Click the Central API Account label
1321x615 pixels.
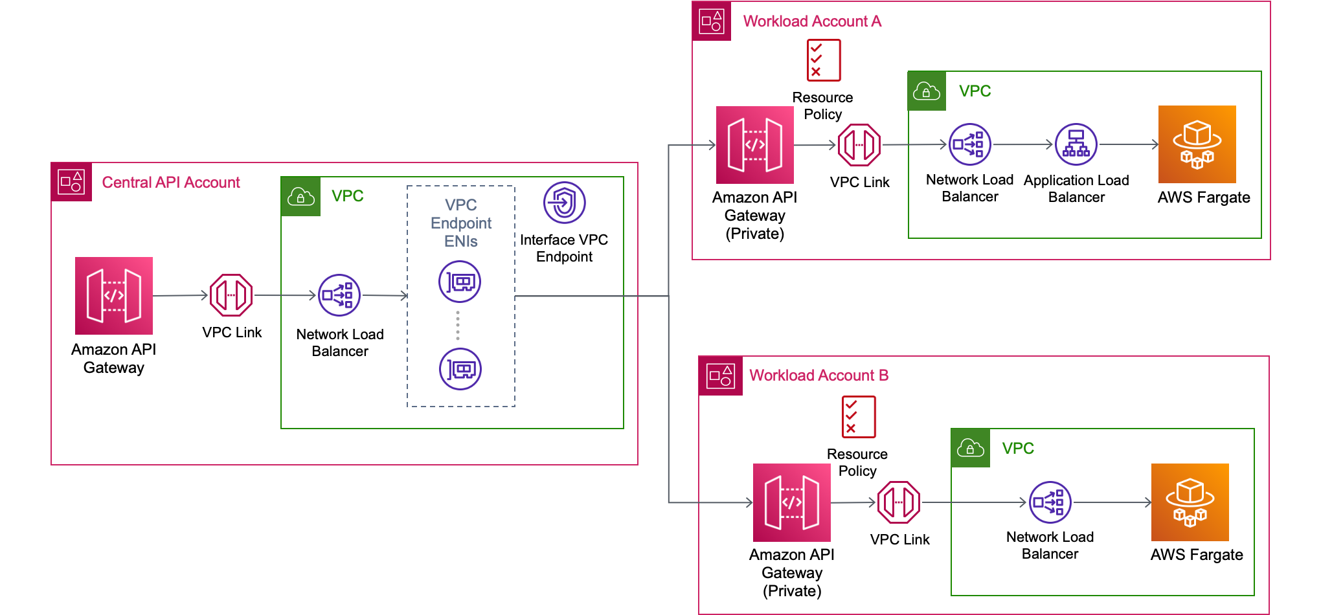tap(170, 183)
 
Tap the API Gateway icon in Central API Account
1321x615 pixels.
tap(114, 296)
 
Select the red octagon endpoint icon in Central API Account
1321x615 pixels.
tap(231, 296)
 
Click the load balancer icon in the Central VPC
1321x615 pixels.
tap(339, 296)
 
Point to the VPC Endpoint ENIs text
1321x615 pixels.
tap(460, 223)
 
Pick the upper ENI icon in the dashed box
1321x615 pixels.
tap(460, 282)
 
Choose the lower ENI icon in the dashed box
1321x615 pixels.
tap(460, 370)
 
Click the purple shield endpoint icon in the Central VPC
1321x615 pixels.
tap(564, 203)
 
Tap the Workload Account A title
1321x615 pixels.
tap(811, 21)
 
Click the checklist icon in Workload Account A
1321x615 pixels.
tap(824, 60)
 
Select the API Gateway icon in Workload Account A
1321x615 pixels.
tap(755, 145)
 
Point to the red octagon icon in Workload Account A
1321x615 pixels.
tap(859, 145)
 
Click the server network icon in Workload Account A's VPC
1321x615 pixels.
tap(1076, 145)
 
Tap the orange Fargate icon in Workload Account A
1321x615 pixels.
tap(1197, 144)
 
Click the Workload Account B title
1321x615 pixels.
tap(818, 375)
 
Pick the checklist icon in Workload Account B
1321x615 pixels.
tap(859, 418)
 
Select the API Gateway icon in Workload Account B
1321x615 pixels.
tap(791, 502)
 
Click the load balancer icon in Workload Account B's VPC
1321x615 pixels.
tap(1050, 502)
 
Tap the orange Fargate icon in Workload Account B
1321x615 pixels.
tap(1190, 502)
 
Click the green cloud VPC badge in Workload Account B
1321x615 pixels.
tap(970, 448)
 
